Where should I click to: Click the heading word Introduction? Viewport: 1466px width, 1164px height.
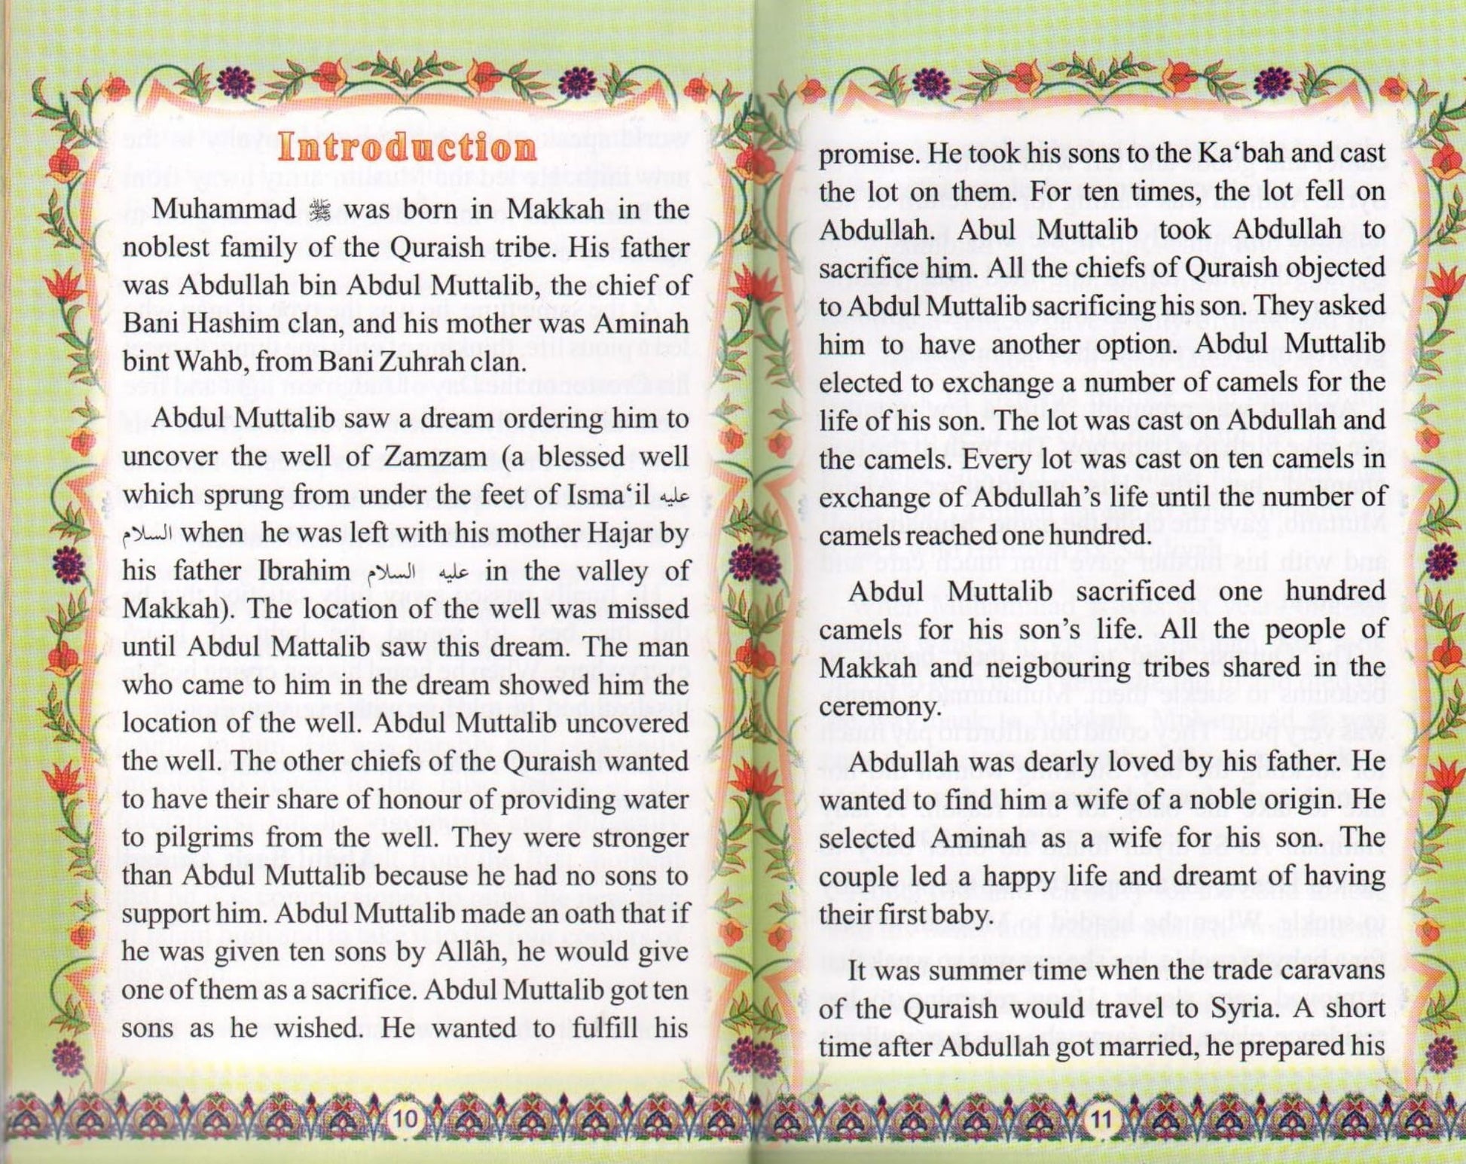tap(407, 147)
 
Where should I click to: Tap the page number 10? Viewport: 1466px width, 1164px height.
tap(405, 1120)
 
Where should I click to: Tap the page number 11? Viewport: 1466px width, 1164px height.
tap(1101, 1120)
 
